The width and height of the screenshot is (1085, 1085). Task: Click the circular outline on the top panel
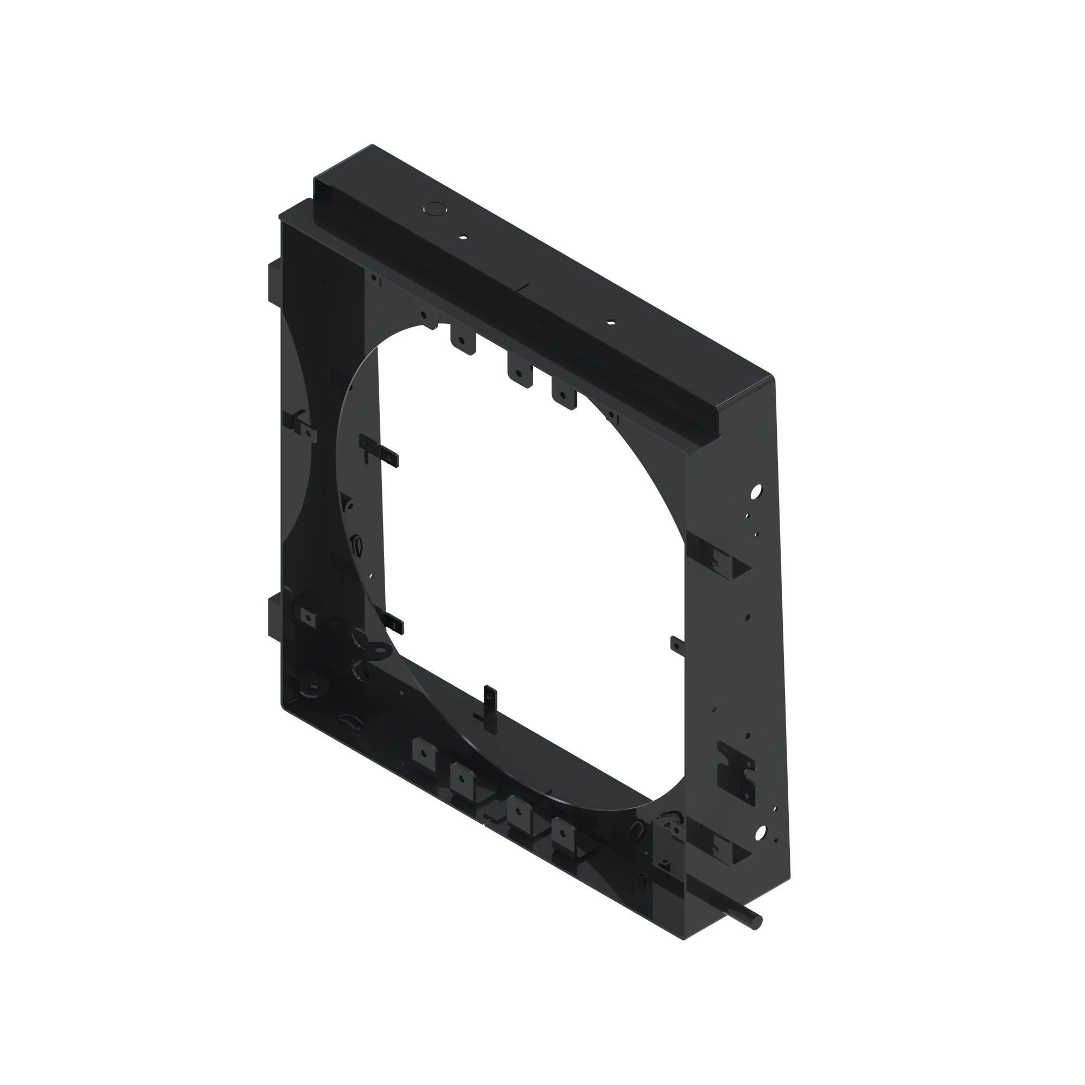pos(434,209)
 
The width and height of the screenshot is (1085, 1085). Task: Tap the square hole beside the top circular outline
pos(463,237)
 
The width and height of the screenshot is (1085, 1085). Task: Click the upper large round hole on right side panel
pos(756,493)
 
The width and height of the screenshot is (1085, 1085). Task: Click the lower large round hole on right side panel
pos(761,834)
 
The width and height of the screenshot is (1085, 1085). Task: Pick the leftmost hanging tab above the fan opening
pos(463,342)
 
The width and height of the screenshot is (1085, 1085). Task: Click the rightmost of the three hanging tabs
pos(564,397)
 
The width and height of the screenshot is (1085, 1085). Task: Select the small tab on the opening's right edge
pos(677,646)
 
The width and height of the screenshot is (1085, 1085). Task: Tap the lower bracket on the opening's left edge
pos(393,622)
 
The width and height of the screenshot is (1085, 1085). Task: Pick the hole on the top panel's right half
pos(611,323)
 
